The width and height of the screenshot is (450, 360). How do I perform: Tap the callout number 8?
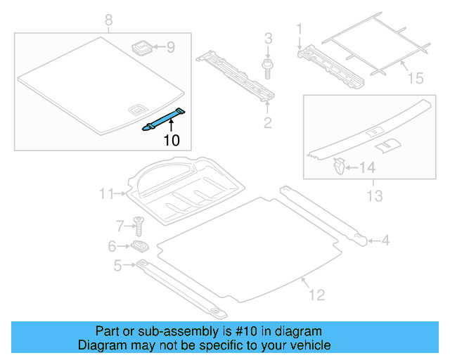pyautogui.click(x=108, y=20)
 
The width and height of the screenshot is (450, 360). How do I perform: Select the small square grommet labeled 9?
pyautogui.click(x=142, y=48)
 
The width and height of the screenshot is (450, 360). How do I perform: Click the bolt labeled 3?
pyautogui.click(x=268, y=68)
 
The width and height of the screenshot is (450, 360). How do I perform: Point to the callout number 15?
pyautogui.click(x=416, y=79)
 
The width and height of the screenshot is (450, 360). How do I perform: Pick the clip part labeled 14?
pyautogui.click(x=338, y=167)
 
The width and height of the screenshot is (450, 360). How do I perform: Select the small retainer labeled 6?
pyautogui.click(x=139, y=246)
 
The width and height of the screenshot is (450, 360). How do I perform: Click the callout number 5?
pyautogui.click(x=118, y=264)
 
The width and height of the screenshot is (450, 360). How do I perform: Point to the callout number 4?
pyautogui.click(x=385, y=242)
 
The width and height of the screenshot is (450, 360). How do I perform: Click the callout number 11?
pyautogui.click(x=106, y=193)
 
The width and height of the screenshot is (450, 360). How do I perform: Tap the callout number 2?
pyautogui.click(x=267, y=124)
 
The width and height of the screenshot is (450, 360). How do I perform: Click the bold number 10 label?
pyautogui.click(x=172, y=140)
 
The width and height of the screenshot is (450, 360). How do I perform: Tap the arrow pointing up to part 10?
pyautogui.click(x=171, y=128)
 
